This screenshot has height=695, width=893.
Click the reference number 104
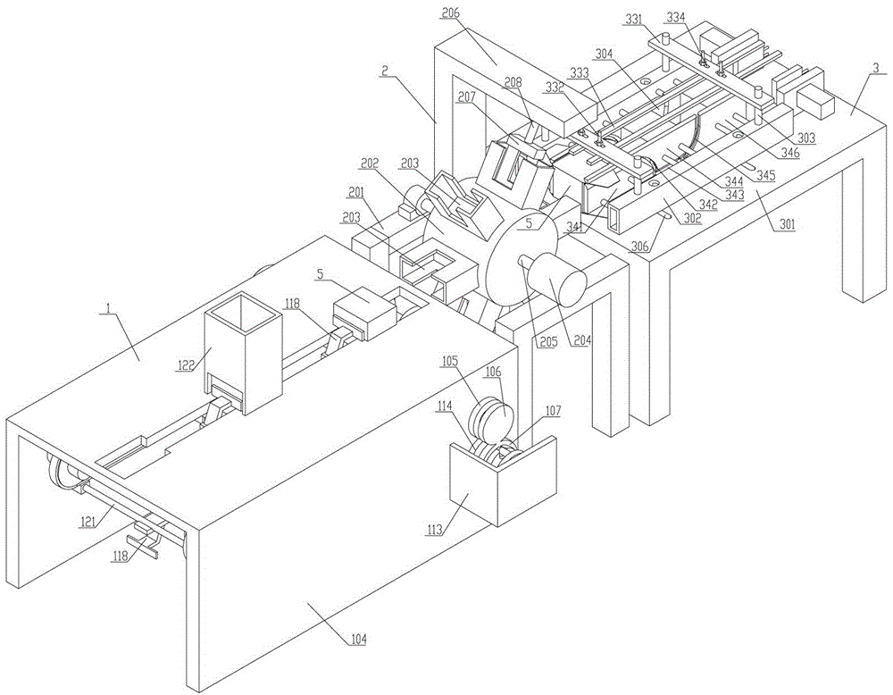(x=356, y=640)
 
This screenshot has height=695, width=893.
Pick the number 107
(x=553, y=412)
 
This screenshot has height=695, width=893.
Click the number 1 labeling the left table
(x=107, y=306)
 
